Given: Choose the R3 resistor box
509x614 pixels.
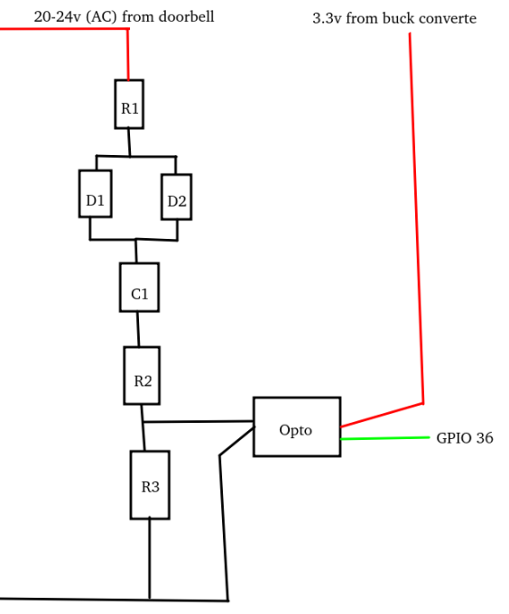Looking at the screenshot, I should pos(150,485).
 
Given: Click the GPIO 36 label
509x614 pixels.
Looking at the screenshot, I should pos(464,439).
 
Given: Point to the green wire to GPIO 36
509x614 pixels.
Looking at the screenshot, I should pos(384,438).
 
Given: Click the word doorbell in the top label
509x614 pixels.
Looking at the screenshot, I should pos(186,16).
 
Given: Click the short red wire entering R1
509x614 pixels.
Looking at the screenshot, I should pos(128,54).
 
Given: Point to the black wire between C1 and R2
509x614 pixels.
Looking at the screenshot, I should pos(138,329).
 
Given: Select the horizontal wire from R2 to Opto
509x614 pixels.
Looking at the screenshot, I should pos(198,421).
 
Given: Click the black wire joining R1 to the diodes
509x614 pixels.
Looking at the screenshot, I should pos(129,142).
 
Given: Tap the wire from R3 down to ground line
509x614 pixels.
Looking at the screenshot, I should pos(150,559).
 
